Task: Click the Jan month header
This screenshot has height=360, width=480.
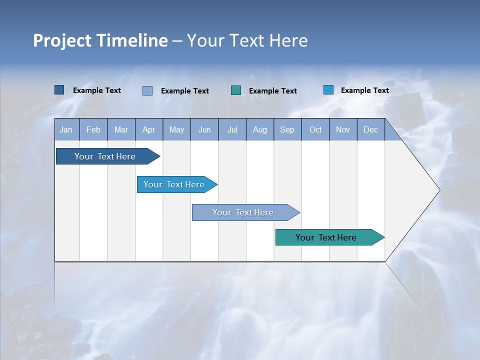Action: coord(66,129)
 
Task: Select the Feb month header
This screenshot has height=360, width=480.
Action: coord(93,129)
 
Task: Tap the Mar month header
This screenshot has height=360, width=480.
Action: coord(121,129)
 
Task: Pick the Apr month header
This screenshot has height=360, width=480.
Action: coord(149,129)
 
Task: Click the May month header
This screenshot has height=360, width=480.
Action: coord(176,129)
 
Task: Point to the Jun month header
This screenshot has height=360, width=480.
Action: coord(204,129)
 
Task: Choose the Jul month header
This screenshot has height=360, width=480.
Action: coord(232,129)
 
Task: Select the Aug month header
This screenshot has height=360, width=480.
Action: coord(260,129)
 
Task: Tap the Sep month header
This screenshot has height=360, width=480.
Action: coord(287,129)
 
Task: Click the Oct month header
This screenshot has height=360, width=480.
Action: coord(315,129)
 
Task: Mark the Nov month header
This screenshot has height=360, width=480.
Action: coord(343,129)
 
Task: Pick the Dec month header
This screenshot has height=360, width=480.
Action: coord(371,129)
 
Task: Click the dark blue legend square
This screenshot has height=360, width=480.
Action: coord(59,90)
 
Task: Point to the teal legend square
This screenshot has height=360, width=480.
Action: coord(236,90)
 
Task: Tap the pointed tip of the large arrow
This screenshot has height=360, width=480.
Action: coord(438,190)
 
